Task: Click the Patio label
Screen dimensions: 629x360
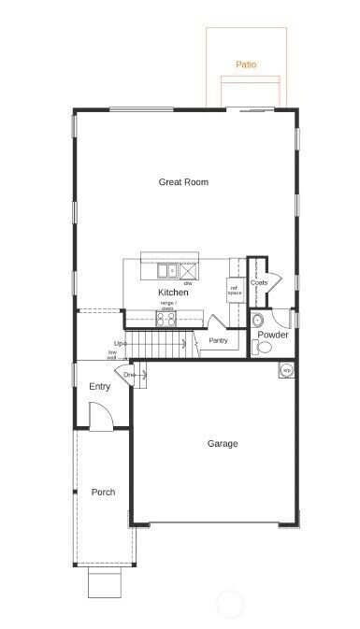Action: click(x=246, y=65)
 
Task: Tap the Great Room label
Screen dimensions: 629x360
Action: click(x=183, y=182)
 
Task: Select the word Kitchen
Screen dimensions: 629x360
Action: click(x=173, y=293)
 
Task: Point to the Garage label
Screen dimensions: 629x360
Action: click(x=222, y=443)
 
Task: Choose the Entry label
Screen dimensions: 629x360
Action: click(x=100, y=386)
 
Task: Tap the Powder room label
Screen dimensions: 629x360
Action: click(x=273, y=335)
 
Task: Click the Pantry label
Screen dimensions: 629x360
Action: click(x=220, y=341)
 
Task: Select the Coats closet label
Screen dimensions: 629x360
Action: click(x=259, y=282)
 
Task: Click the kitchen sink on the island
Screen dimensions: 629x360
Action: click(x=168, y=272)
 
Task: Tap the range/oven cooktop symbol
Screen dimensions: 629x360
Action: click(x=167, y=318)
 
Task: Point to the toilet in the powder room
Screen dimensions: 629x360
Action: click(x=262, y=348)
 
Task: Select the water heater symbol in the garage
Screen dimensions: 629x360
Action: click(x=286, y=369)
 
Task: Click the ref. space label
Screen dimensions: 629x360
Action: click(x=235, y=289)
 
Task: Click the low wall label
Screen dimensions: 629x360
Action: click(x=112, y=355)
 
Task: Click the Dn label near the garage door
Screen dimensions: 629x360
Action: click(x=128, y=375)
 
